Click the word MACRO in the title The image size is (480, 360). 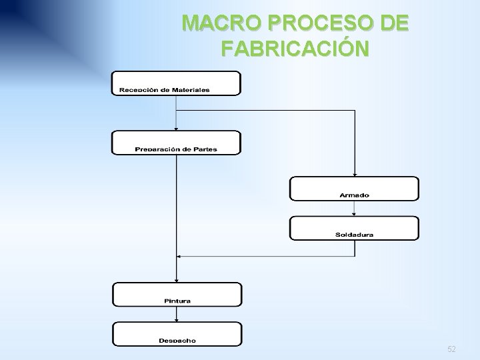click(215, 25)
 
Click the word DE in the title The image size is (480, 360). click(391, 25)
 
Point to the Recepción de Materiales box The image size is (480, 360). click(177, 84)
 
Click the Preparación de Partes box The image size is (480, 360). click(176, 143)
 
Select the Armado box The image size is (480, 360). click(354, 188)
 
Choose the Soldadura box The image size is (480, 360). click(354, 228)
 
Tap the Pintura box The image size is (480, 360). click(177, 294)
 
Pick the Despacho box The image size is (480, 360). click(177, 333)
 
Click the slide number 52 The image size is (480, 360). click(451, 349)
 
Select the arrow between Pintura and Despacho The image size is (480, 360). click(177, 314)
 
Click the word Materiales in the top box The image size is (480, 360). click(188, 90)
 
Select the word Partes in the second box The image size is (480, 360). click(205, 149)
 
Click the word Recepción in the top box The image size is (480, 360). click(139, 90)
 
